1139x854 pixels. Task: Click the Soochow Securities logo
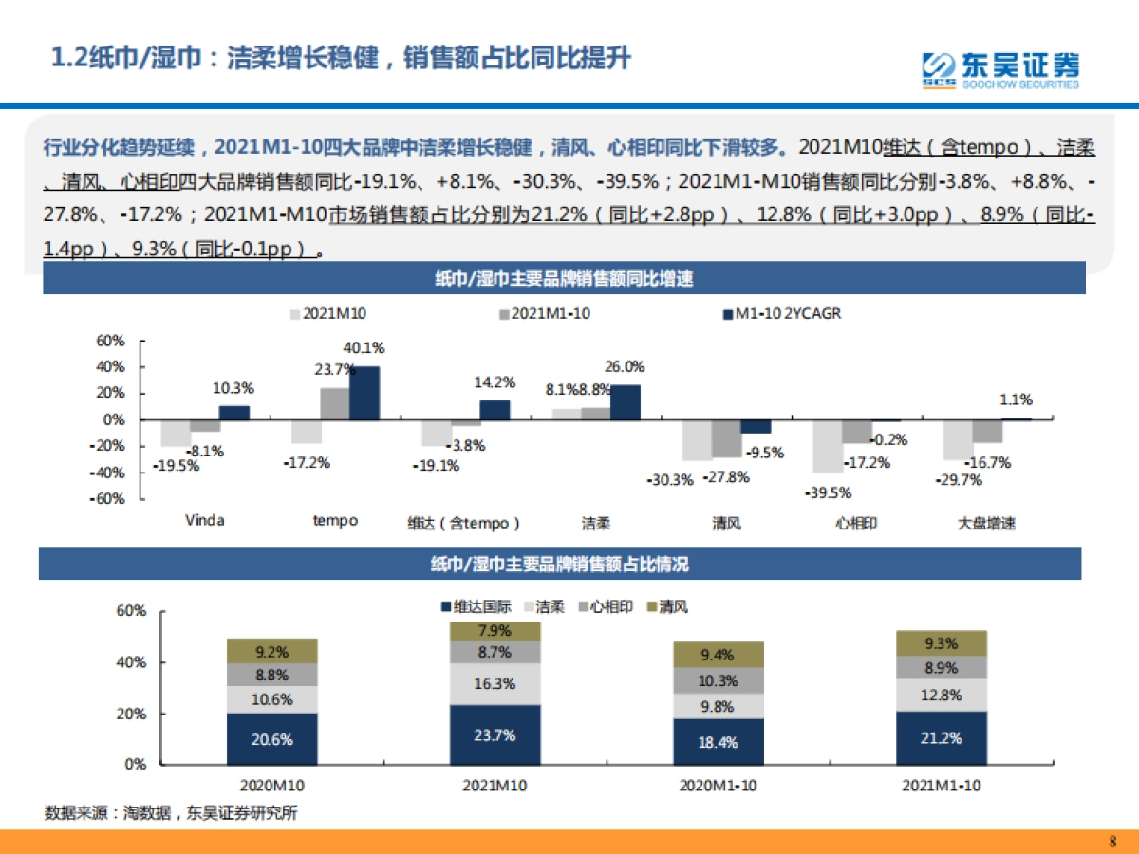click(x=1001, y=69)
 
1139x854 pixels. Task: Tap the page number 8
click(x=1112, y=841)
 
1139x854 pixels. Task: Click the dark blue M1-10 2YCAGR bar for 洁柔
click(x=626, y=402)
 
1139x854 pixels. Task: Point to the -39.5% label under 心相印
click(x=829, y=492)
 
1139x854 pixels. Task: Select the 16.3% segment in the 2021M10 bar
click(x=495, y=683)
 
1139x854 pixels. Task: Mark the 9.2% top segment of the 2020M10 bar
click(x=271, y=652)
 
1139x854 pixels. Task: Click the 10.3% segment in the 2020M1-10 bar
click(x=718, y=680)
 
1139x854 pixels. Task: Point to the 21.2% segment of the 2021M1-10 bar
click(x=941, y=737)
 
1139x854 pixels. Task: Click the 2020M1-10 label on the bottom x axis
click(x=718, y=786)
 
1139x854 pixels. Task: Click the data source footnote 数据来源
click(x=170, y=813)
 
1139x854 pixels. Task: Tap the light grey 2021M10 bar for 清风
click(x=697, y=440)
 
